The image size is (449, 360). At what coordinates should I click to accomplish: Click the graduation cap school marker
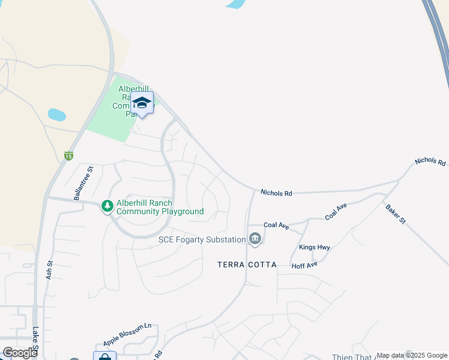tap(142, 103)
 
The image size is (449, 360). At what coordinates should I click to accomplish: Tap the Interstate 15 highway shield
tap(69, 156)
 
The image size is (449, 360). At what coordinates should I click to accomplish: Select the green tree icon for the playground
tap(107, 207)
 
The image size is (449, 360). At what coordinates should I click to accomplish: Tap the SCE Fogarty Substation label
tap(202, 239)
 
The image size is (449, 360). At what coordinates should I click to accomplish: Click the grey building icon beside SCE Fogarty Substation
tap(255, 239)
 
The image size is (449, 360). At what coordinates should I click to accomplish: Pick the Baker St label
tap(397, 214)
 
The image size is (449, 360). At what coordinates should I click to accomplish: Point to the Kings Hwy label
tap(314, 247)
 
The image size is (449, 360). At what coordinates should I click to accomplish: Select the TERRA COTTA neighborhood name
tap(247, 265)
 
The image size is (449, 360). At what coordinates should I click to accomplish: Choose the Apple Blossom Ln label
tap(127, 335)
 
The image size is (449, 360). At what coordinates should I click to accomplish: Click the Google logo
tap(20, 353)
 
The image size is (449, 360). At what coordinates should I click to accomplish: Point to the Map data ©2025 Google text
tap(412, 355)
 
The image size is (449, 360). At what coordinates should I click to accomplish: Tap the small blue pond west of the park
tap(56, 114)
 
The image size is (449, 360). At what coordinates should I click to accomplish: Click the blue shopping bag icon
tap(104, 356)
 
